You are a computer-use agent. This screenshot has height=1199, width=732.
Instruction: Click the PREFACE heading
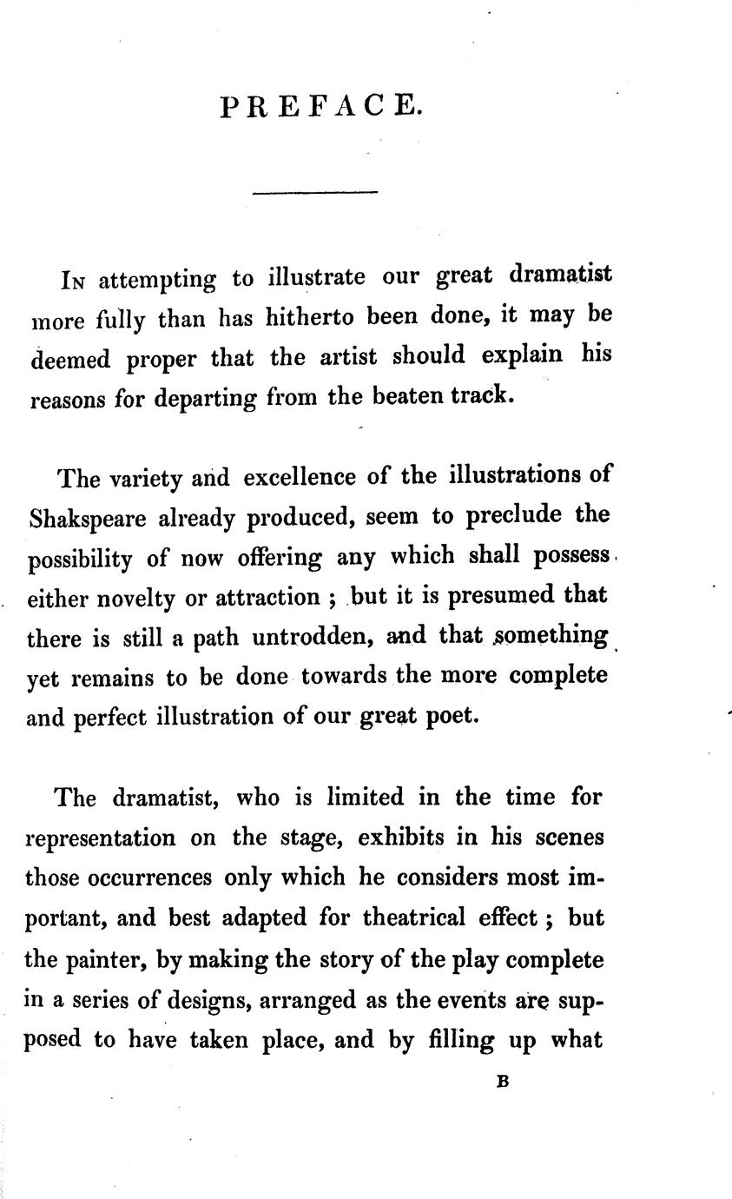click(x=320, y=106)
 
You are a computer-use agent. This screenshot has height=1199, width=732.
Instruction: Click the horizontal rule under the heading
click(x=315, y=192)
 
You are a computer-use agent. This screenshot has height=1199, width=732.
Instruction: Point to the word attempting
click(x=157, y=281)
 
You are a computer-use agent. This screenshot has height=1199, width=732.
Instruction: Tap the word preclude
click(x=515, y=516)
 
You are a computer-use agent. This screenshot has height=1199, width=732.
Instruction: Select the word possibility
click(x=80, y=558)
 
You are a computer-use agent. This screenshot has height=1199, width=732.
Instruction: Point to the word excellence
click(x=300, y=478)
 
